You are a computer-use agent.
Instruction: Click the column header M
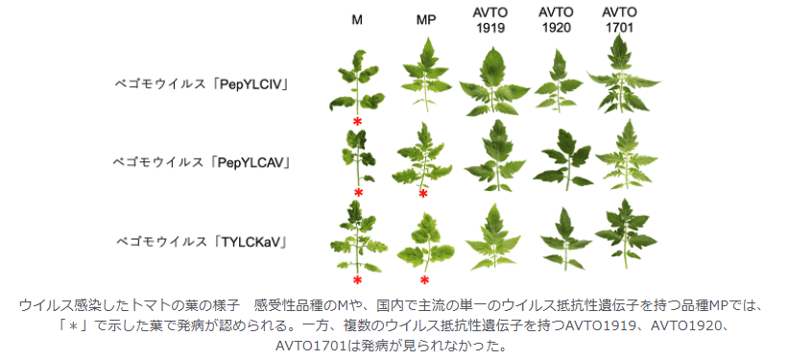356,20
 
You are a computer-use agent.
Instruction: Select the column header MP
427,20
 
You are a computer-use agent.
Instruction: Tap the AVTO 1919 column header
492,20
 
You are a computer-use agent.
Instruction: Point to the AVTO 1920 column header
556,20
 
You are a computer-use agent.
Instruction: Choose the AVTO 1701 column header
620,20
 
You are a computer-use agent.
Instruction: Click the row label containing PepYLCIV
203,84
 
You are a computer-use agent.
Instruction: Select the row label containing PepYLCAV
203,161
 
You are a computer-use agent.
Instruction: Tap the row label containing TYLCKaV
203,238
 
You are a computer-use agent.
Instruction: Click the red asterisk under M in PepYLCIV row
357,122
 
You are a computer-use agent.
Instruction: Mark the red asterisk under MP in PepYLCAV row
423,194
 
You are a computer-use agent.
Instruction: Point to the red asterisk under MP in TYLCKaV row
424,280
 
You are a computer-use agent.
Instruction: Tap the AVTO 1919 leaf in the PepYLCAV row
495,154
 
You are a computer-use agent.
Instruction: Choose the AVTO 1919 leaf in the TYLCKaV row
495,236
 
